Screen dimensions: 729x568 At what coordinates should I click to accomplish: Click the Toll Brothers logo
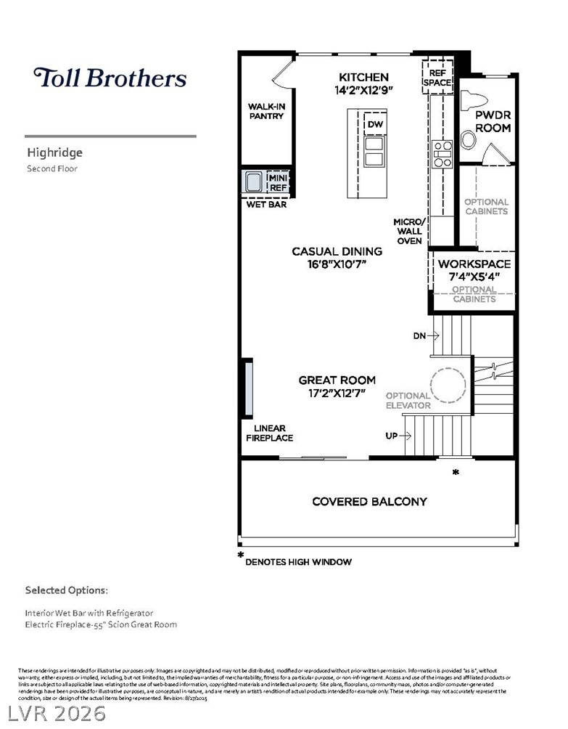(110, 78)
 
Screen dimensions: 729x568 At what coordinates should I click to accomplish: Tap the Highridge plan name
(55, 152)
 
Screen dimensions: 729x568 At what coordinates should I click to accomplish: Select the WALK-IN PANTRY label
(266, 111)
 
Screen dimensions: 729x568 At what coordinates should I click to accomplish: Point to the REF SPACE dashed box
(437, 77)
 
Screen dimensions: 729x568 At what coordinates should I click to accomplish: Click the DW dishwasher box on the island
(375, 125)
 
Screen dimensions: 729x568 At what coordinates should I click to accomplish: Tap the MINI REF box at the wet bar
(278, 182)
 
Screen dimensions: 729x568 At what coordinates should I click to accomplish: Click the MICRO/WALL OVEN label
(408, 231)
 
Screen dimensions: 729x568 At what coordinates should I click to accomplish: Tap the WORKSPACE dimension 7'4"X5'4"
(474, 277)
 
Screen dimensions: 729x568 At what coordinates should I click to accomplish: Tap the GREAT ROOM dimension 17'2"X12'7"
(337, 393)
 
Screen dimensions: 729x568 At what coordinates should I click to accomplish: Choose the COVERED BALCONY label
(369, 501)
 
